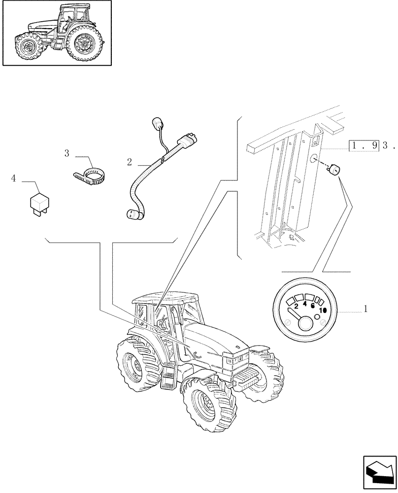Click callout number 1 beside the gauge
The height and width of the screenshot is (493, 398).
point(365,309)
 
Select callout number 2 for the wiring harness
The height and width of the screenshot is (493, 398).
point(129,162)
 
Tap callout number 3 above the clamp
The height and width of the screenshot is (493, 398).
point(66,153)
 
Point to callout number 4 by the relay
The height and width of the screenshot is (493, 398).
point(14,178)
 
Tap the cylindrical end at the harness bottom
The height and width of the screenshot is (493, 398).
point(131,214)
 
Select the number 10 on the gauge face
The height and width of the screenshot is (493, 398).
point(323,310)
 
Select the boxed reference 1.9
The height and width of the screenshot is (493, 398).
point(363,146)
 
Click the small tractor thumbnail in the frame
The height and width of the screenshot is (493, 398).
point(57,33)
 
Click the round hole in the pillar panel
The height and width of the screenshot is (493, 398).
point(313,158)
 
